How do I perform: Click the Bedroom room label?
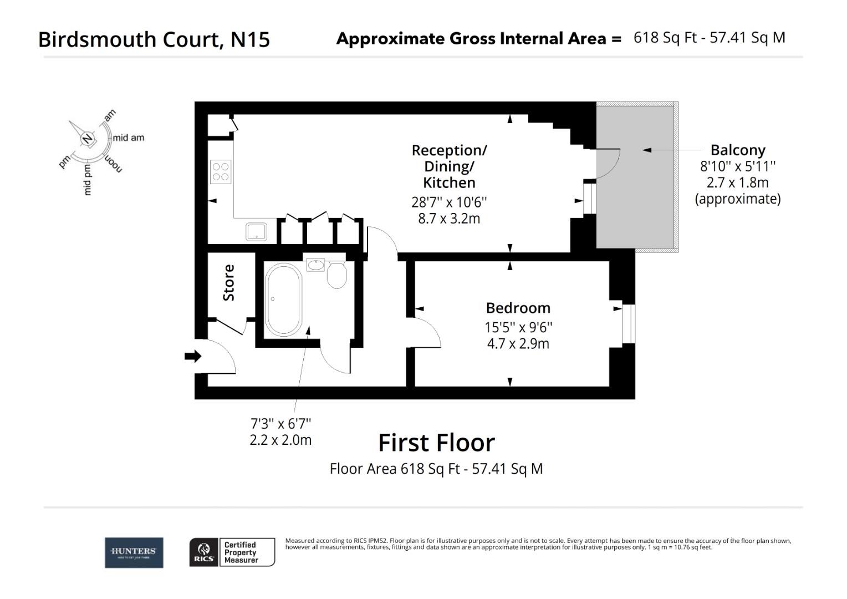pos(518,308)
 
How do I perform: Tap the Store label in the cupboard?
pos(228,283)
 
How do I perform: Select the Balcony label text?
pos(737,150)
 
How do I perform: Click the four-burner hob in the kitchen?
pos(221,171)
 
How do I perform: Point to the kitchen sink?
pos(257,231)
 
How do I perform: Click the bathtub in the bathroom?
pos(283,299)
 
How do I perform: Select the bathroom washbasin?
pos(316,265)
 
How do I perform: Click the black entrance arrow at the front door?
pos(192,356)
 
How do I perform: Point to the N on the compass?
pos(87,139)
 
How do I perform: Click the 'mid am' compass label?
pos(128,138)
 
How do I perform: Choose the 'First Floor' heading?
pos(436,443)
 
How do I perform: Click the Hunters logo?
pos(134,552)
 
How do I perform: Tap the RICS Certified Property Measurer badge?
pos(232,552)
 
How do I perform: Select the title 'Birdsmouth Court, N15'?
pos(154,39)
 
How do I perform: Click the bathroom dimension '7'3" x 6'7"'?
pos(280,424)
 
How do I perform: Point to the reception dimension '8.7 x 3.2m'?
pos(448,219)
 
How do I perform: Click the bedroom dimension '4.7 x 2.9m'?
pos(518,344)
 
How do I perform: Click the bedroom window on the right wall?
pos(628,323)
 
